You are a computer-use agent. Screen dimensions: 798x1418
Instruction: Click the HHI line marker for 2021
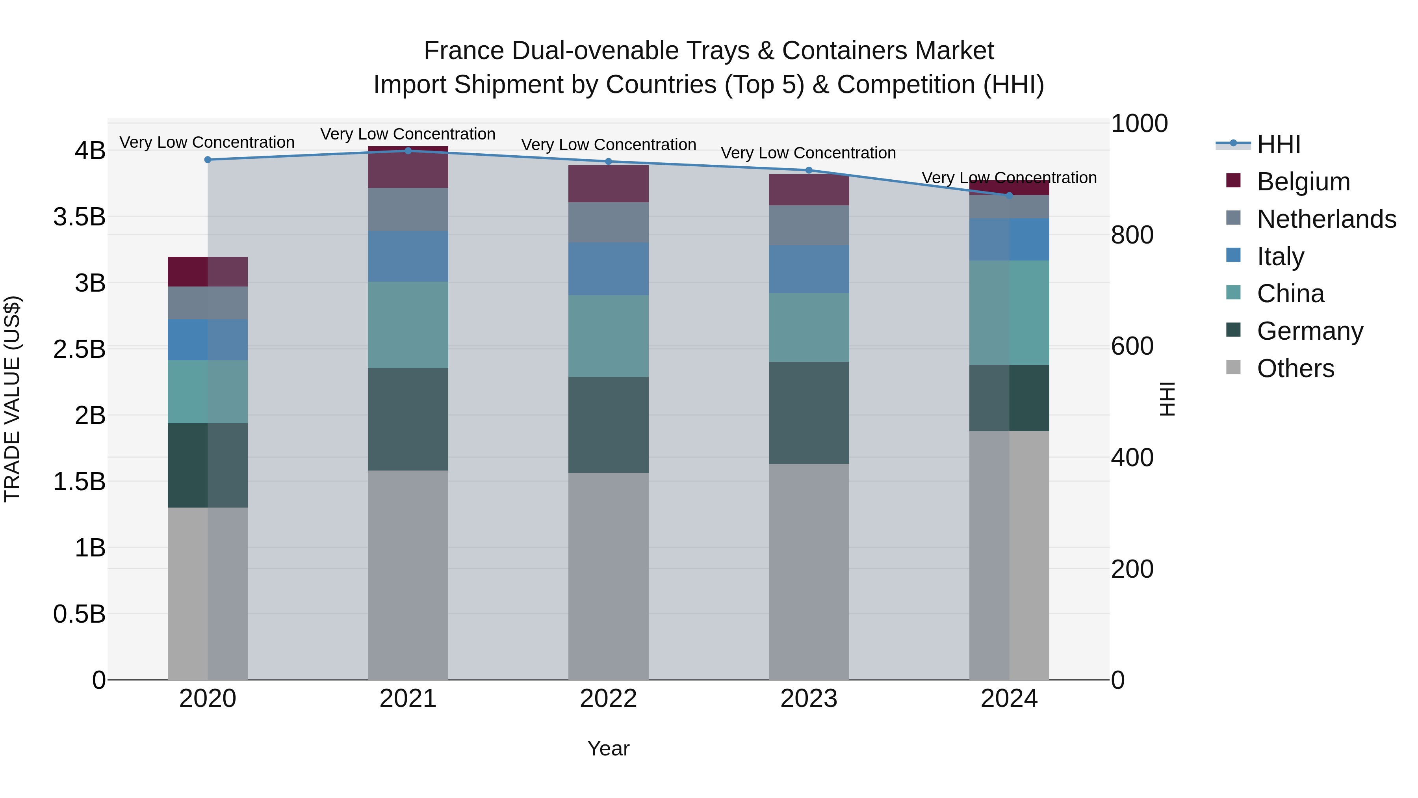click(x=408, y=151)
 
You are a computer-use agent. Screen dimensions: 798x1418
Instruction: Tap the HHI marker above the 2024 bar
click(x=1009, y=195)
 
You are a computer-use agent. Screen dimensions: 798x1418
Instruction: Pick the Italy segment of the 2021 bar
click(x=408, y=256)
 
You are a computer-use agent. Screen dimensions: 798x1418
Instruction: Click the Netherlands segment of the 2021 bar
click(x=408, y=209)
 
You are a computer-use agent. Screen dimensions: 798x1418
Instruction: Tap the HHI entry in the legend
click(x=1278, y=144)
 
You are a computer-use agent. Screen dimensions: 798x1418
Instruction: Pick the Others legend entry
click(x=1295, y=368)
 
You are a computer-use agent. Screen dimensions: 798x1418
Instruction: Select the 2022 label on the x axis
click(x=608, y=699)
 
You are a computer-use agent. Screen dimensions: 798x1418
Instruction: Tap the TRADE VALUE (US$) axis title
click(x=12, y=399)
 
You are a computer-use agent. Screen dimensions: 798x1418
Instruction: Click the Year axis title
click(x=608, y=748)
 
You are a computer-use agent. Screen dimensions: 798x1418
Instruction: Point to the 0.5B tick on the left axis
click(x=79, y=614)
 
